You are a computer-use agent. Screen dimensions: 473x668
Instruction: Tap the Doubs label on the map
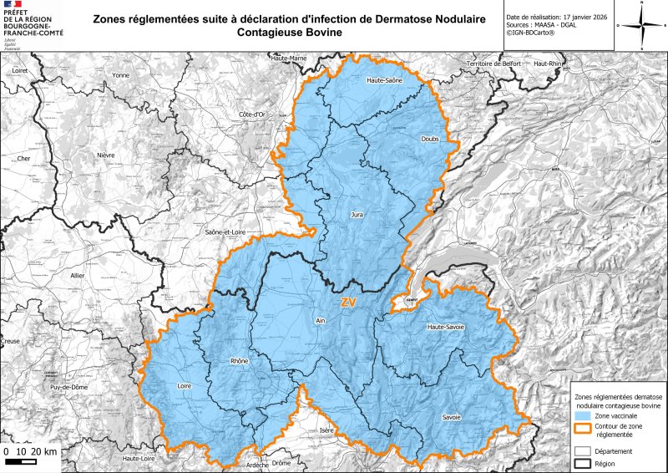click(430, 140)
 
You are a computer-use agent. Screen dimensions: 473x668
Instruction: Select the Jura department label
click(357, 215)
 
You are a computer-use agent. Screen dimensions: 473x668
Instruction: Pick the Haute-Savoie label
click(445, 327)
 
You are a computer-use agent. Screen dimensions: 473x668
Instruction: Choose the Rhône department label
click(239, 361)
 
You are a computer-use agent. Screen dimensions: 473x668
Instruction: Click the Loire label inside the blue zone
click(185, 386)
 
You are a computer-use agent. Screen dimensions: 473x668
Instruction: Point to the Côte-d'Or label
click(252, 114)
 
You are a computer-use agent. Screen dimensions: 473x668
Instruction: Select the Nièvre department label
click(105, 155)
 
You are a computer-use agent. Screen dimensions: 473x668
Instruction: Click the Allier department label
click(78, 275)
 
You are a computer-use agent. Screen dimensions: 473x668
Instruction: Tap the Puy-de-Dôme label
click(66, 388)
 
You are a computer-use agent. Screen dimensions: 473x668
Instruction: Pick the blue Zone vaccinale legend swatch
click(583, 415)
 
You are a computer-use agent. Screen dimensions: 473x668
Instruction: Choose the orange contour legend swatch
click(583, 430)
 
